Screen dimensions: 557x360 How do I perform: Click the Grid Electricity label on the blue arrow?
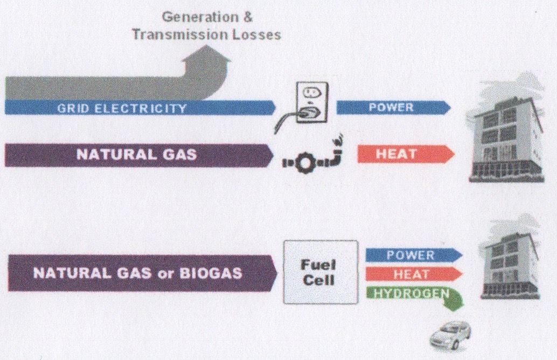[122, 108]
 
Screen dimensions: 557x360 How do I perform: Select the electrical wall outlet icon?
[312, 102]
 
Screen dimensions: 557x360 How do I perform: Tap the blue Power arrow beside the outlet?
[394, 107]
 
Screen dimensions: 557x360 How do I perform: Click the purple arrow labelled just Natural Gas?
[139, 155]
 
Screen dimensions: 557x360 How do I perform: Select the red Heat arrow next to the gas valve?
[406, 154]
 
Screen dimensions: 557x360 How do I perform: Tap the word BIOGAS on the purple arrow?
[211, 273]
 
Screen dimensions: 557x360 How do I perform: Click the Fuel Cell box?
[321, 272]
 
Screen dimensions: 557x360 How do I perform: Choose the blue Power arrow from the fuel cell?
[414, 255]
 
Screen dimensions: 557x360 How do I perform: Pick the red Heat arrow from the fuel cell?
[414, 274]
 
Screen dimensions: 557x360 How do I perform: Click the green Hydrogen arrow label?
[412, 293]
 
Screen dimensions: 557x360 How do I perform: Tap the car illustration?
[450, 335]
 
